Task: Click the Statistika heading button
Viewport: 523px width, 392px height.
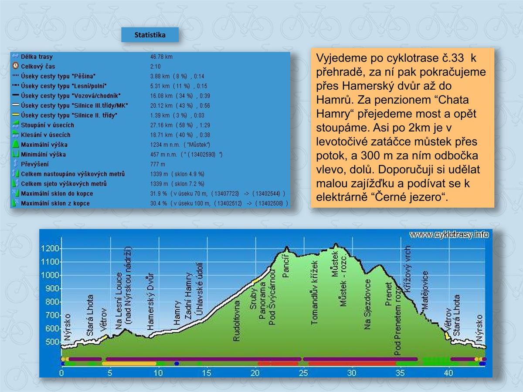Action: point(150,35)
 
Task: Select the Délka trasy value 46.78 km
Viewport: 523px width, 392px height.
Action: point(161,57)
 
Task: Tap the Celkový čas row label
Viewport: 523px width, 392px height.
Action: point(38,67)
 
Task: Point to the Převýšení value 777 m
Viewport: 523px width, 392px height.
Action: point(157,164)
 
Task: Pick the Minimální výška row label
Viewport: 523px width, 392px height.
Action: point(44,154)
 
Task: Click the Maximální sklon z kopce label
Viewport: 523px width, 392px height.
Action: point(55,203)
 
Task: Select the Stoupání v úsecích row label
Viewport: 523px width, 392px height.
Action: point(48,125)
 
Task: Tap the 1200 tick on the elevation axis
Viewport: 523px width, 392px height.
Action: point(49,249)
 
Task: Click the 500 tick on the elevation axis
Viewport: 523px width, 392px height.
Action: point(51,342)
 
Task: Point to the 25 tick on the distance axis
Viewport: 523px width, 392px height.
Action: point(303,373)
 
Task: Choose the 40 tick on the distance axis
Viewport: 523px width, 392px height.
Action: point(448,373)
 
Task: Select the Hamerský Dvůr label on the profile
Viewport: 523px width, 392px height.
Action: point(150,301)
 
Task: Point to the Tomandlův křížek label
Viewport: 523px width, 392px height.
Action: point(315,293)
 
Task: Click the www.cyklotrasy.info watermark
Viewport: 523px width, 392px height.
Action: point(449,235)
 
